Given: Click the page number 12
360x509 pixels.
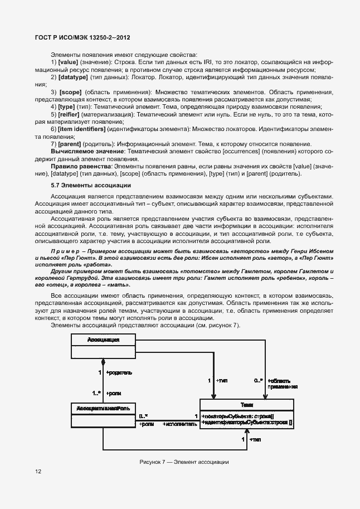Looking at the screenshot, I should (x=38, y=471).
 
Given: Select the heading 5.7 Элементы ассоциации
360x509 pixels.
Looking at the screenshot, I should (x=83, y=185).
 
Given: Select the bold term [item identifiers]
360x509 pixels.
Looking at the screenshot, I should (x=82, y=129).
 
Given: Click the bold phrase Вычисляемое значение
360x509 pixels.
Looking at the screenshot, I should (x=86, y=151).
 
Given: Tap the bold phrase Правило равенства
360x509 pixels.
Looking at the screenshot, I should (x=81, y=166).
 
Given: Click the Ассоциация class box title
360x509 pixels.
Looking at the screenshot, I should (x=104, y=340).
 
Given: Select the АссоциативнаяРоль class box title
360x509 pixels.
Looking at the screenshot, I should (x=103, y=409).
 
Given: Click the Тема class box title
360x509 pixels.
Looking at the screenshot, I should (x=247, y=405).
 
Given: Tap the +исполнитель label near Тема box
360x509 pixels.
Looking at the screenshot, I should (x=179, y=424).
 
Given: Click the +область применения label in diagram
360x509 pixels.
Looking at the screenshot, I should (x=282, y=383).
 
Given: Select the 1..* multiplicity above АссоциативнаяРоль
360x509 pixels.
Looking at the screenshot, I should (x=96, y=392).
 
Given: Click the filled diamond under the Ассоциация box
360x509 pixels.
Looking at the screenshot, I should (x=103, y=361).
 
